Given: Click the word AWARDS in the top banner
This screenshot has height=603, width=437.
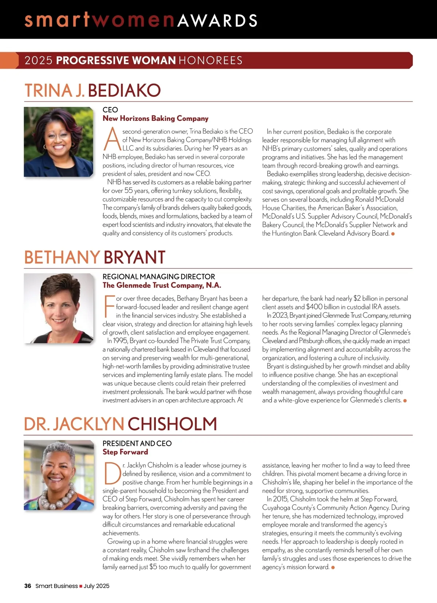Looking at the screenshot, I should (x=217, y=20).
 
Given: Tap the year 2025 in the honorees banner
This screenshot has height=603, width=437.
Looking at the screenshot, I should (x=38, y=60).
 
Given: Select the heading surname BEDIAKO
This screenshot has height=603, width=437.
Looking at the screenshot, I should (x=124, y=91).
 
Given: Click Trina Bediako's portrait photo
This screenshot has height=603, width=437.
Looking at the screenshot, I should (x=59, y=142).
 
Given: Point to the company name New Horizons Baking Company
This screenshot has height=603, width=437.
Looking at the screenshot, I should (x=155, y=118).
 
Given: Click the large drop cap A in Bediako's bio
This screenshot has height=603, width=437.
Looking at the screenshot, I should (x=112, y=140).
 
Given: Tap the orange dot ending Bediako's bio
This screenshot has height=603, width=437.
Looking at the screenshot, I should (x=393, y=234).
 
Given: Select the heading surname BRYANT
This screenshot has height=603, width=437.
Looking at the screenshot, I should (x=134, y=257).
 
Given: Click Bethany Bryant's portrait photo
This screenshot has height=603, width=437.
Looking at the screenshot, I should (x=59, y=308).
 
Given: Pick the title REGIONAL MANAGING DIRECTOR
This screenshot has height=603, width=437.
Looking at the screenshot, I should (x=159, y=277).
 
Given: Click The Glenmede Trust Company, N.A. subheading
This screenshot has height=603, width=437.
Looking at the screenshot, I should (x=162, y=285).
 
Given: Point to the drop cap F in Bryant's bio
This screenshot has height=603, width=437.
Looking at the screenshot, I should (x=109, y=307).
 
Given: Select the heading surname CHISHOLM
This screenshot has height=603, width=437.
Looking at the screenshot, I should (x=172, y=424).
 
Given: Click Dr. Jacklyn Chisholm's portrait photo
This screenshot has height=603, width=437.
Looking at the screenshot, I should (x=59, y=475).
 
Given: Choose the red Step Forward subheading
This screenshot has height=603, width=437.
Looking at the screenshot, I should (x=125, y=452).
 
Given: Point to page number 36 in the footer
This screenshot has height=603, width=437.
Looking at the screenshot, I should (x=28, y=586).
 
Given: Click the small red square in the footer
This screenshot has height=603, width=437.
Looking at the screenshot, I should (x=81, y=586).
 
